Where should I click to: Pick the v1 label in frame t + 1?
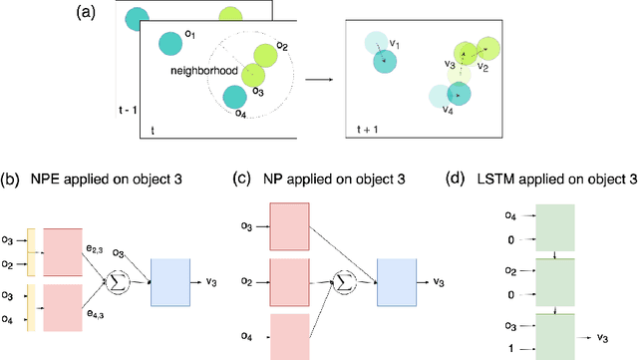[x=395, y=43]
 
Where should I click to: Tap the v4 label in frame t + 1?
[x=448, y=110]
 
